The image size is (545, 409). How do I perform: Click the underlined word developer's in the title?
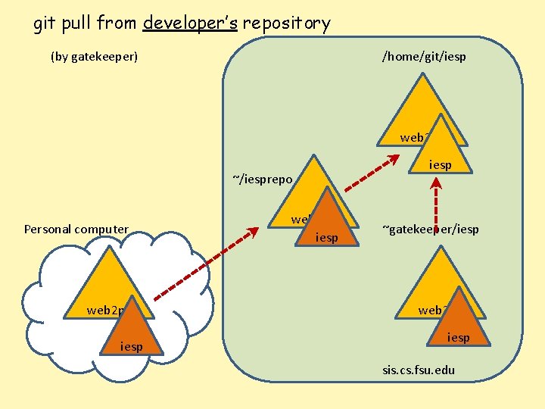pos(190,23)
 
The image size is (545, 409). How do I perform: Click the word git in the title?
pos(45,23)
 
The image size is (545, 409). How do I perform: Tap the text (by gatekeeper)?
pos(94,56)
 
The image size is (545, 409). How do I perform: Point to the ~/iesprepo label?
pos(262,179)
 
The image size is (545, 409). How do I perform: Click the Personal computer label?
pos(76,229)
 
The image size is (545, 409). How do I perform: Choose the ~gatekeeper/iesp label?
pos(430,229)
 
